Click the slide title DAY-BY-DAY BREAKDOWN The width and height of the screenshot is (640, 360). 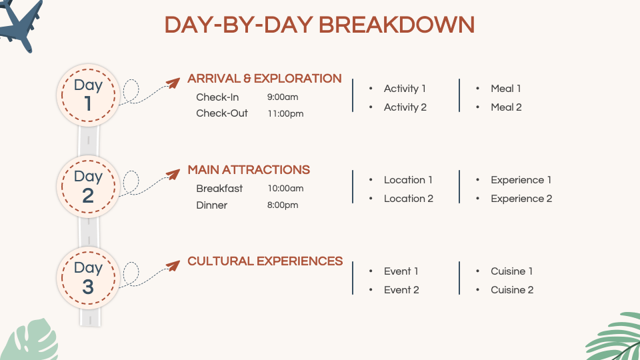(319, 25)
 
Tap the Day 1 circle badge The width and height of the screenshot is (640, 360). (88, 95)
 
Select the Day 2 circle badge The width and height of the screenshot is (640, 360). (88, 186)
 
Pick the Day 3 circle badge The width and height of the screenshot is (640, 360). (88, 277)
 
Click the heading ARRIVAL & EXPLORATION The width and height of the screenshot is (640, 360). (264, 79)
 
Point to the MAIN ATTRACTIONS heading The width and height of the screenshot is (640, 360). (249, 170)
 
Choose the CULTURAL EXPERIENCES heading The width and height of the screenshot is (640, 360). (265, 261)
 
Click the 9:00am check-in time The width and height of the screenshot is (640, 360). (283, 97)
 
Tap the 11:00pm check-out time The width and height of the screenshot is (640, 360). (285, 114)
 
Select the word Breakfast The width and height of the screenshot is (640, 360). (219, 189)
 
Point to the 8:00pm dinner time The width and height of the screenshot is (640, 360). (283, 205)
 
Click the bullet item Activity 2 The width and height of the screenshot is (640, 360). (405, 107)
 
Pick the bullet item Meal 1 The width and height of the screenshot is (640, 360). (506, 89)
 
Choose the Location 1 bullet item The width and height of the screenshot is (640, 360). (408, 180)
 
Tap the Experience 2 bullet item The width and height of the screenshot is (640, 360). (521, 199)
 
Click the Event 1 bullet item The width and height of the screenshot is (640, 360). (401, 271)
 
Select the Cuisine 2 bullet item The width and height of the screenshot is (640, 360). (512, 290)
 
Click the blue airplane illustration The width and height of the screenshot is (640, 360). (20, 23)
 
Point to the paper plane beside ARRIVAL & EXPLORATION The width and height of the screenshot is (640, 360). (172, 83)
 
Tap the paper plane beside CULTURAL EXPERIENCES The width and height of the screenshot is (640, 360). (172, 266)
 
